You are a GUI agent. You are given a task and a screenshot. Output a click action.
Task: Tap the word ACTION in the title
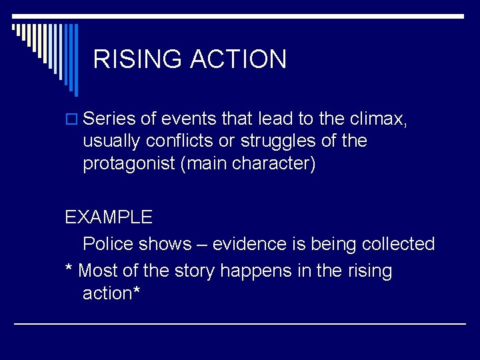[238, 59]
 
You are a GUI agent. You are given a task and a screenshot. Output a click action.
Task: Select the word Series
[110, 119]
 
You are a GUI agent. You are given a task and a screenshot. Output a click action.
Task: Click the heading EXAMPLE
[109, 217]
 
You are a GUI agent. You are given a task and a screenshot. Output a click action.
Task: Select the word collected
[398, 244]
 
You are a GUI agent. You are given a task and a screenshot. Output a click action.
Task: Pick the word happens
[254, 271]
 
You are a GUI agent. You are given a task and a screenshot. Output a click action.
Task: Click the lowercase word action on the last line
[107, 293]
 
